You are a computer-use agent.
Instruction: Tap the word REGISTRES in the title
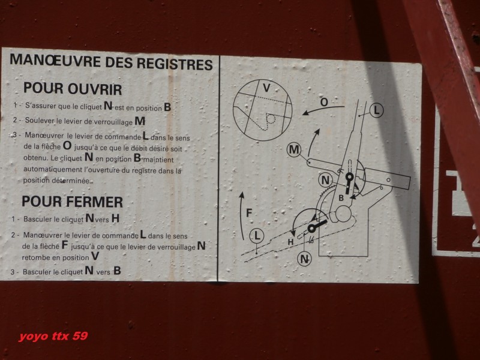pyautogui.click(x=175, y=64)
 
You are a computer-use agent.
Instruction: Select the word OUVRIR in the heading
pyautogui.click(x=95, y=89)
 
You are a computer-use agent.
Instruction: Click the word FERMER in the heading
pyautogui.click(x=94, y=202)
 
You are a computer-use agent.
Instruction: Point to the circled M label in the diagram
pyautogui.click(x=294, y=150)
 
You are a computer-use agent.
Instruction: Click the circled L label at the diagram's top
pyautogui.click(x=376, y=110)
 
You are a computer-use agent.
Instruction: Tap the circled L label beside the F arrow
pyautogui.click(x=257, y=236)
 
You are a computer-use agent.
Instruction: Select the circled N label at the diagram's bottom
pyautogui.click(x=304, y=259)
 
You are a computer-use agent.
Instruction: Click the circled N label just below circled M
pyautogui.click(x=325, y=180)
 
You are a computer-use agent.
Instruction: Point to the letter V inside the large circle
pyautogui.click(x=266, y=88)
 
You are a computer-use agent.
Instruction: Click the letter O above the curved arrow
pyautogui.click(x=324, y=102)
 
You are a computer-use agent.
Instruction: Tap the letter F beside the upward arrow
pyautogui.click(x=249, y=212)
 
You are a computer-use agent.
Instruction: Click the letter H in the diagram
pyautogui.click(x=290, y=242)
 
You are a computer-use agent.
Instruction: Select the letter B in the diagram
pyautogui.click(x=341, y=199)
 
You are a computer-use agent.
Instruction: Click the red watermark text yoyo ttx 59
pyautogui.click(x=53, y=336)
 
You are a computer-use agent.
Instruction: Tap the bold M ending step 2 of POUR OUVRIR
pyautogui.click(x=140, y=121)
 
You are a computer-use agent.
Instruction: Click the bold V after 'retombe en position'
pyautogui.click(x=95, y=256)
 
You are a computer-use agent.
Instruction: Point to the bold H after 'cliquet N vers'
pyautogui.click(x=115, y=218)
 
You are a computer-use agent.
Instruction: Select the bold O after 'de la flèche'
pyautogui.click(x=67, y=145)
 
